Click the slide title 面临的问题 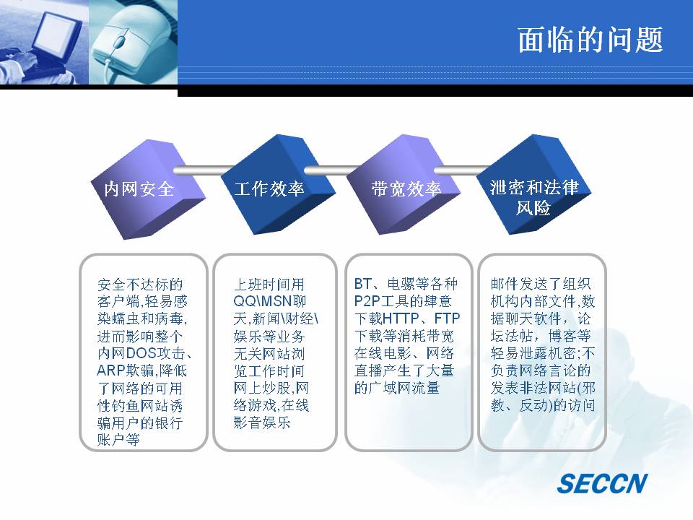click(x=590, y=40)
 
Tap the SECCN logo click(x=602, y=483)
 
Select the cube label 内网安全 click(x=139, y=188)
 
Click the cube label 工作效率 click(x=269, y=188)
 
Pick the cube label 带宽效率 click(x=406, y=188)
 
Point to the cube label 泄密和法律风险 click(x=534, y=197)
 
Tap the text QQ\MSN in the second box click(x=263, y=301)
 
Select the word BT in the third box click(x=363, y=283)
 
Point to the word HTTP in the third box click(x=401, y=318)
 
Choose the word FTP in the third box click(x=447, y=318)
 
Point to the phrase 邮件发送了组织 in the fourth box click(x=541, y=283)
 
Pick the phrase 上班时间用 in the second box click(x=269, y=284)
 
